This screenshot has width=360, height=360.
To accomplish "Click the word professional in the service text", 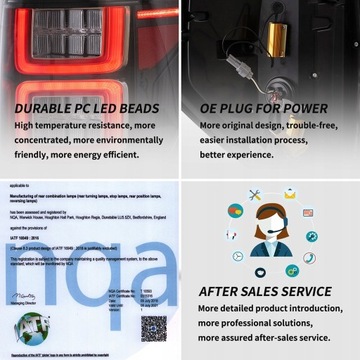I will pos(249,325).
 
